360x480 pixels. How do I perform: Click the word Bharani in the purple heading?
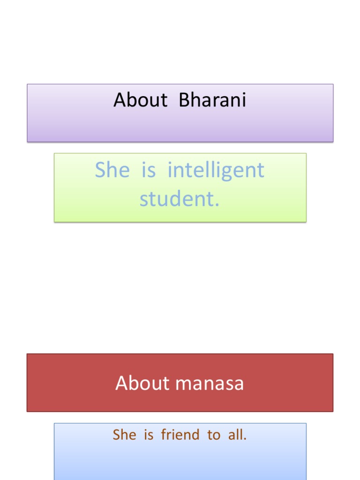tap(212, 100)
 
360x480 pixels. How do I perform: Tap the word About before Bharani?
tap(140, 100)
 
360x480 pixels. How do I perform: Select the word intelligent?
tap(216, 170)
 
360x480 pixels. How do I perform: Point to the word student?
tap(177, 199)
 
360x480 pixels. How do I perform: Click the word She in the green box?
tap(112, 170)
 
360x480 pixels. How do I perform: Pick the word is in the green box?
tap(148, 170)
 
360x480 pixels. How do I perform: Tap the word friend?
tap(180, 435)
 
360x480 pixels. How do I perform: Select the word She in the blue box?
tap(124, 435)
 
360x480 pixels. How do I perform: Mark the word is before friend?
tap(149, 435)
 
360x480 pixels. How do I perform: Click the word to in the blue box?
tap(214, 435)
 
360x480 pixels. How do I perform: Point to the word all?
tap(237, 435)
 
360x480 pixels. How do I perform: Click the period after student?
tap(217, 205)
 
